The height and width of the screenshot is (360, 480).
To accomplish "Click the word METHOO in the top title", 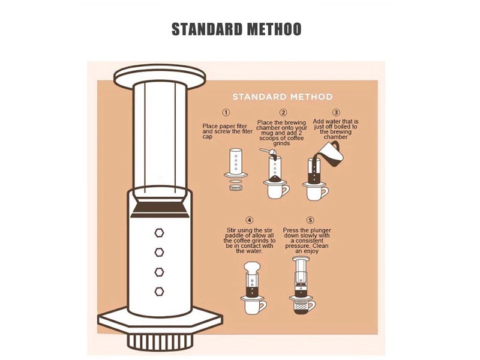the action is click(274, 29).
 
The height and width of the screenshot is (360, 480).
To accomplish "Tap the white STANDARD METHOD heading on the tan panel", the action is click(282, 97).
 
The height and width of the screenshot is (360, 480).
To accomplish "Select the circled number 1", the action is click(226, 112).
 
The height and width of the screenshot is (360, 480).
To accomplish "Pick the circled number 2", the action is click(283, 112).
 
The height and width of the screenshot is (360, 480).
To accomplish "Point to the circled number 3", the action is click(336, 112).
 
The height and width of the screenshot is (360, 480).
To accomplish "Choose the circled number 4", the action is click(250, 220).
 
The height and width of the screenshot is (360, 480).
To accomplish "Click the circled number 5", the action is click(310, 220).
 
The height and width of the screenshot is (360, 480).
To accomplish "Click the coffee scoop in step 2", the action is click(268, 151).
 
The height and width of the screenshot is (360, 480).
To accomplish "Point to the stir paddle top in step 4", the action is click(252, 266).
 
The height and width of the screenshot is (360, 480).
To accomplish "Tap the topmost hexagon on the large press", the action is click(159, 233).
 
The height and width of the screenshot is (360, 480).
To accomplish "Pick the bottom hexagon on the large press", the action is click(159, 292).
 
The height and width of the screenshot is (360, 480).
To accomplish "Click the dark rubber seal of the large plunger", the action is click(160, 208).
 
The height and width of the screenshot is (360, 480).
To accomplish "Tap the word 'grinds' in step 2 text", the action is click(281, 143).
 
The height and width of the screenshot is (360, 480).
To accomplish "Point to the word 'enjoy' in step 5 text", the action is click(311, 251).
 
